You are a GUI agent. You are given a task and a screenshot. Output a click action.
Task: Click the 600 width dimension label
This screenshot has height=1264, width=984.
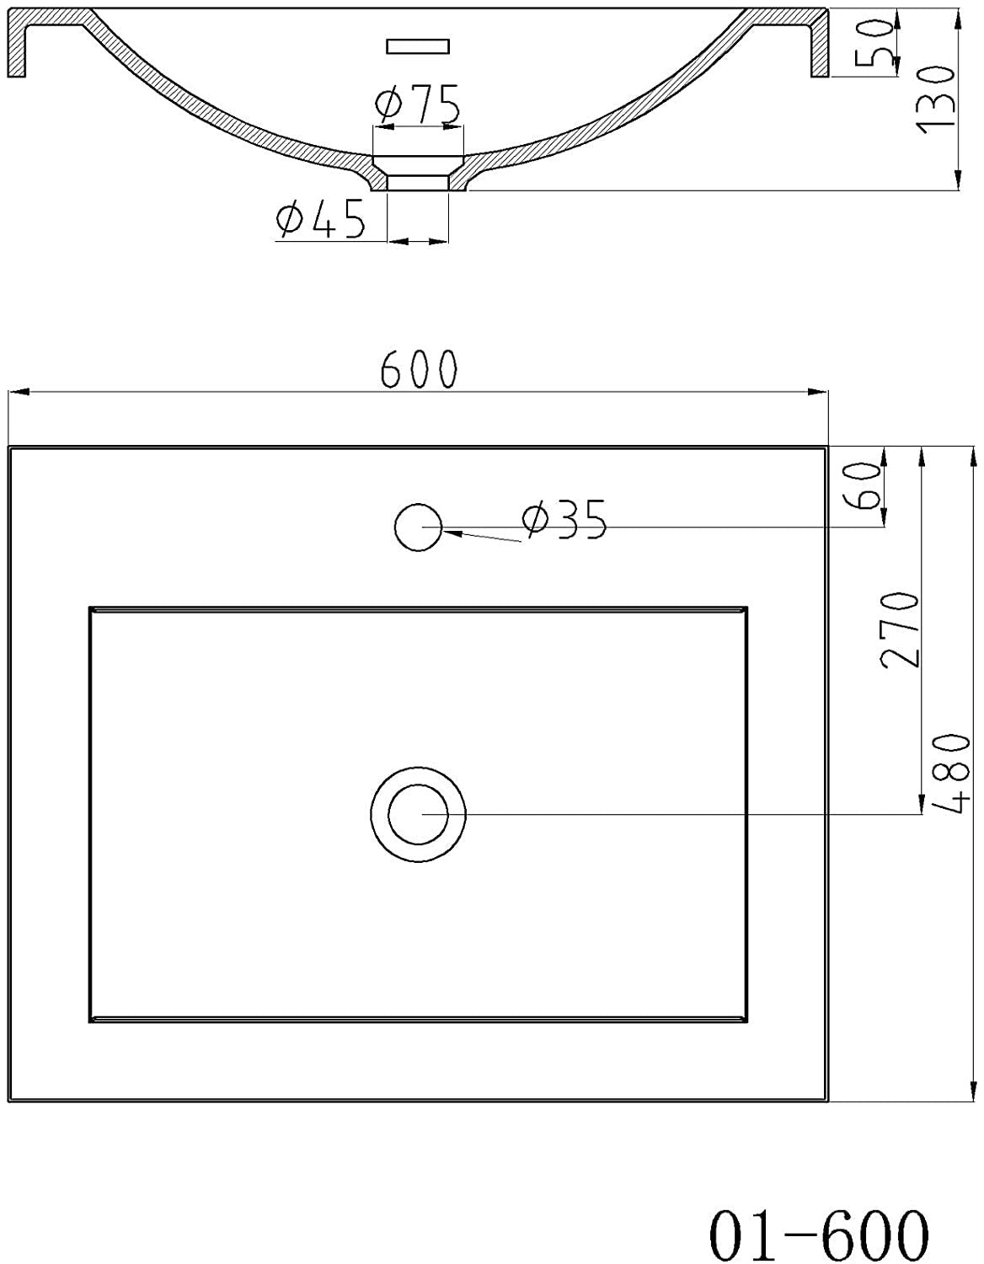tap(419, 369)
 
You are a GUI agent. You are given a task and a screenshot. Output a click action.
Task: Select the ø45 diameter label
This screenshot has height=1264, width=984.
tap(321, 220)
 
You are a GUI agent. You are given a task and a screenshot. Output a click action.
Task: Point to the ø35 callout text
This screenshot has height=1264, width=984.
tap(564, 520)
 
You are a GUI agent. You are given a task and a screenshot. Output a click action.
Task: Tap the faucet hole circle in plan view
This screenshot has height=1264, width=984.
tap(418, 528)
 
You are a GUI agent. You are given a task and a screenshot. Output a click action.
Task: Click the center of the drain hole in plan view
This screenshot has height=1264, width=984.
tap(419, 814)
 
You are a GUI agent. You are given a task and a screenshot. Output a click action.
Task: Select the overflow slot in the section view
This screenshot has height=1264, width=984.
tap(419, 46)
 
